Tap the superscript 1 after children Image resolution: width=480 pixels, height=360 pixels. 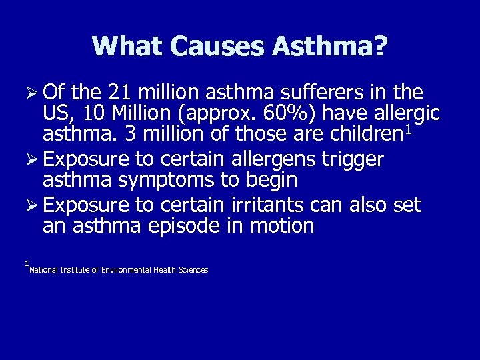[409, 131]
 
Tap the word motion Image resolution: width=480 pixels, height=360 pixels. [281, 226]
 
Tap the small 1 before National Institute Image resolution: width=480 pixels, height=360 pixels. [26, 264]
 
